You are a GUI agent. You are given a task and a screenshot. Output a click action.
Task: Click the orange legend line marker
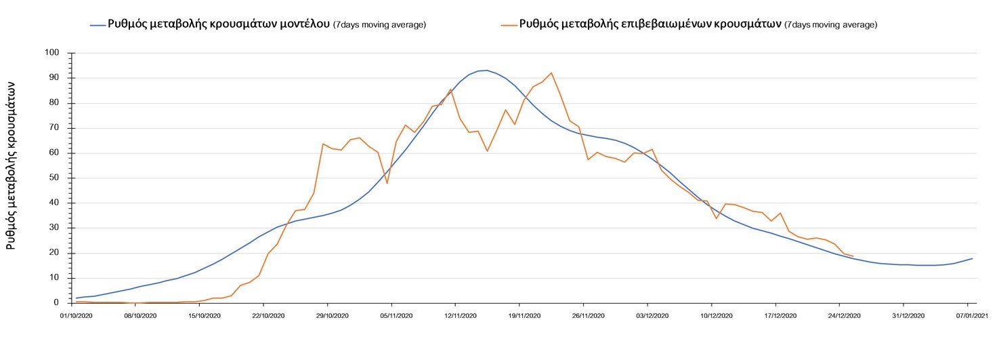point(509,24)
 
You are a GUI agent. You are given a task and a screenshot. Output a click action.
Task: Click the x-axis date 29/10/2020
point(327,315)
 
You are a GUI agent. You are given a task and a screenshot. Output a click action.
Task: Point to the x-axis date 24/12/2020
point(840,315)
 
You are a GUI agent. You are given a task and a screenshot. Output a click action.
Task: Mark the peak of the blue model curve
point(486,70)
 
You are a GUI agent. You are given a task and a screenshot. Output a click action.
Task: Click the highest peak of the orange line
point(551,73)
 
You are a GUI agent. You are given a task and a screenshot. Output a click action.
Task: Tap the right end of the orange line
point(853,256)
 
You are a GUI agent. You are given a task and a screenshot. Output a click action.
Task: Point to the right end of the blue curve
point(973,258)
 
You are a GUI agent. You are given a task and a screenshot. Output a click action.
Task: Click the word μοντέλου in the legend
point(303,24)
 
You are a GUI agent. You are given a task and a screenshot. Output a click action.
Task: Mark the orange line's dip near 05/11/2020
point(387,183)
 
